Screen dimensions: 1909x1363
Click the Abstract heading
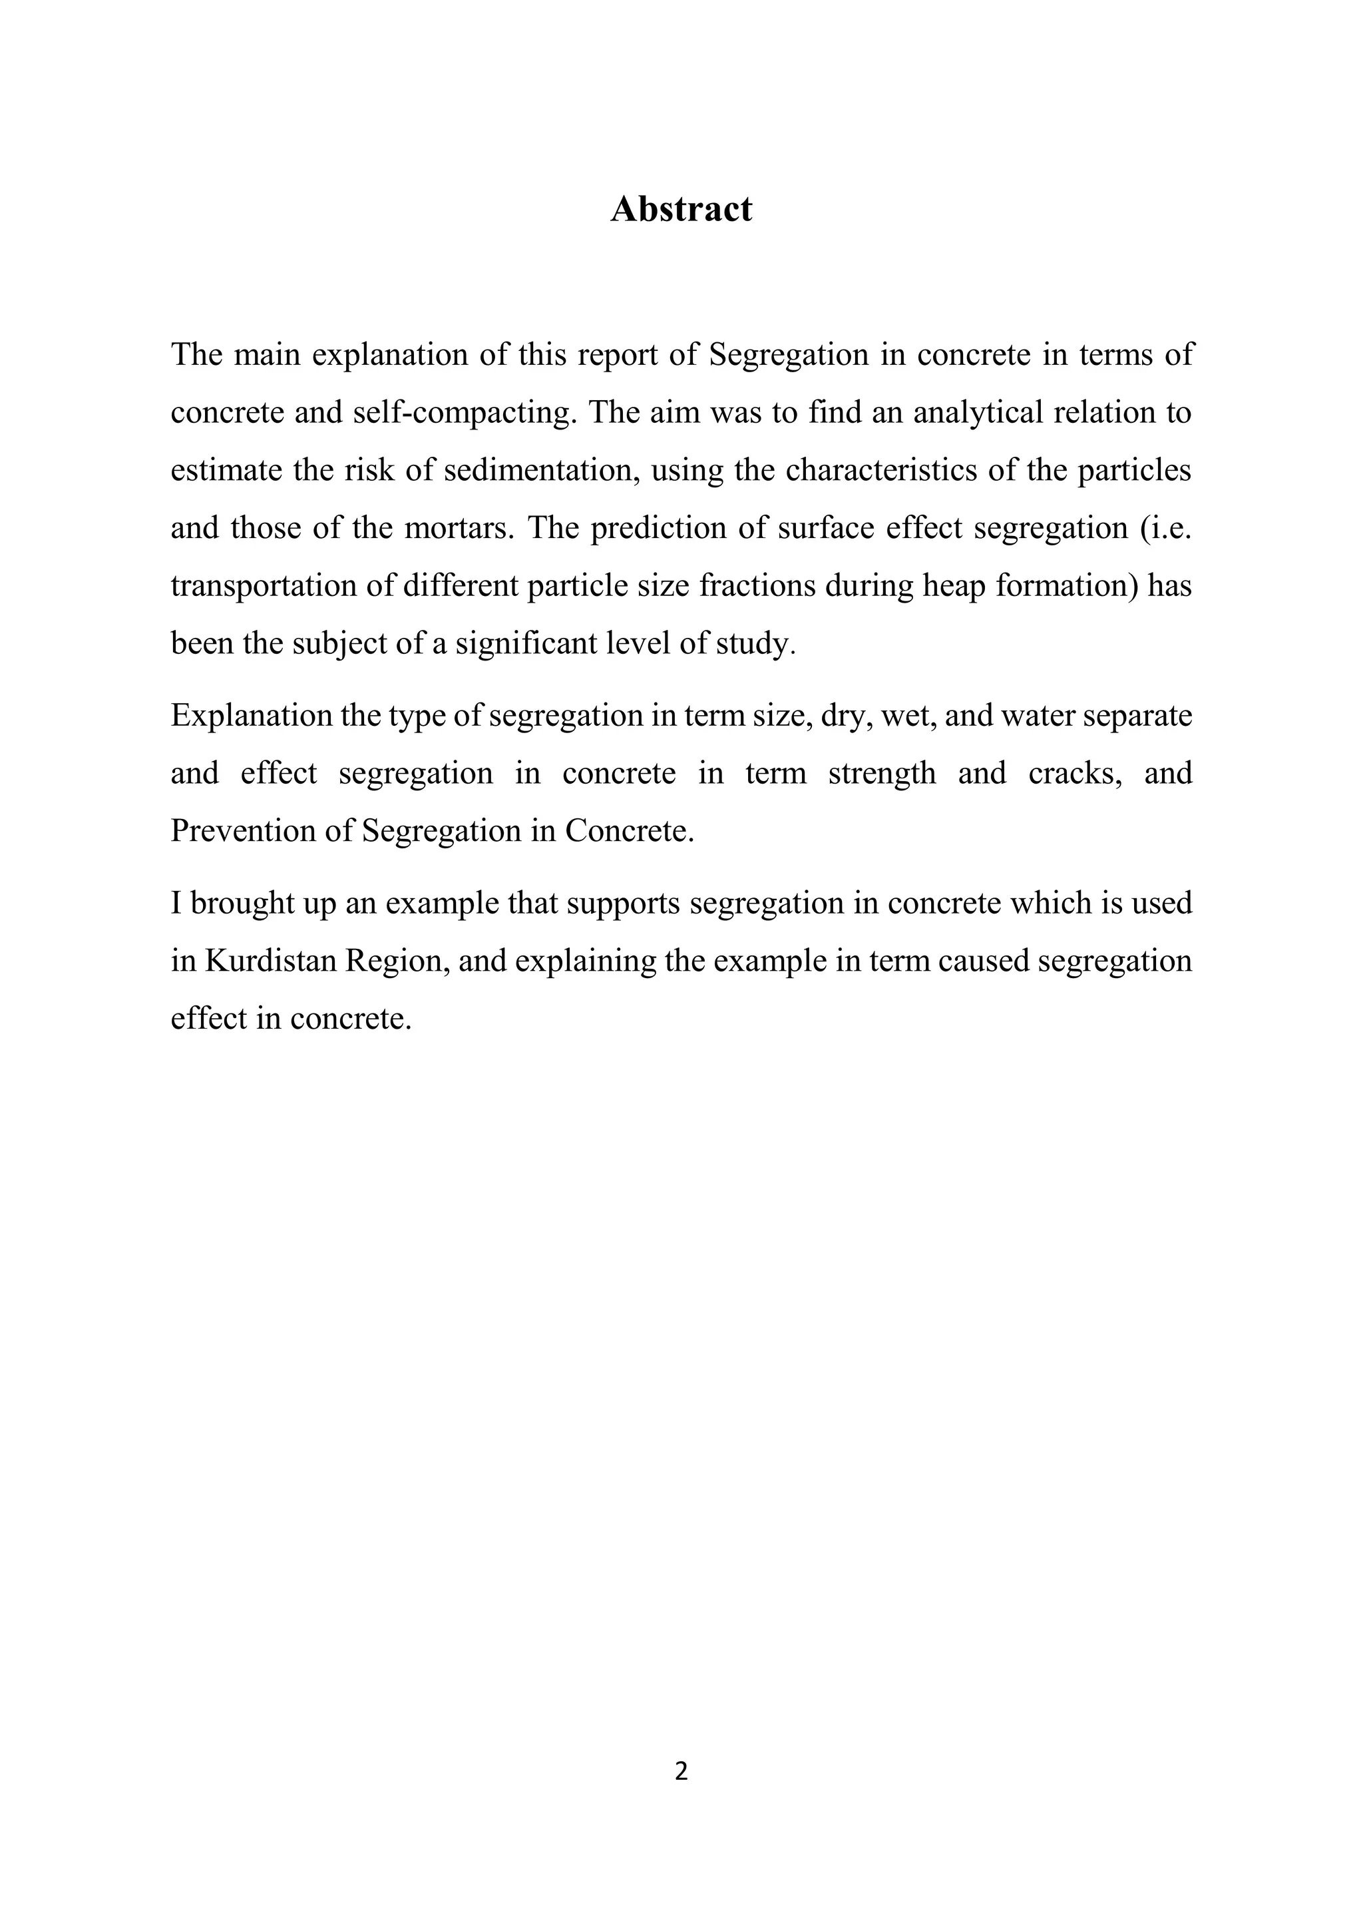(x=681, y=209)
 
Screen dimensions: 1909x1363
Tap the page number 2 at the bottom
(x=681, y=1771)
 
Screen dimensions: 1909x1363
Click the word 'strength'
(x=881, y=773)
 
